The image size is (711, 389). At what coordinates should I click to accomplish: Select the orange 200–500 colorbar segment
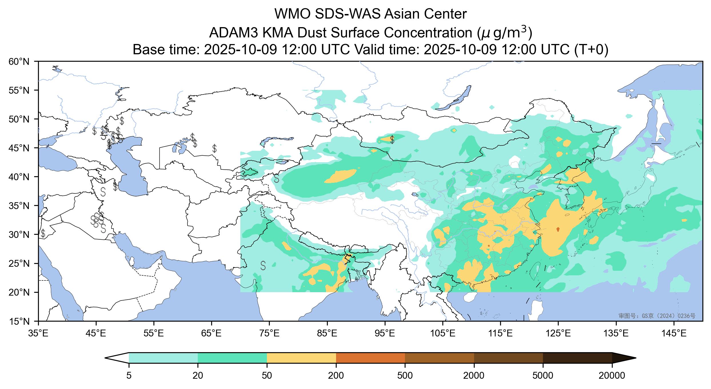(370, 358)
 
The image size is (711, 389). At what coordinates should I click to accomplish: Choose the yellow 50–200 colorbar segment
(301, 358)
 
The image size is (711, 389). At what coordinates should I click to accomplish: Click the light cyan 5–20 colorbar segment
(163, 358)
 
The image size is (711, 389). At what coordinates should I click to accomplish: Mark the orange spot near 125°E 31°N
(558, 229)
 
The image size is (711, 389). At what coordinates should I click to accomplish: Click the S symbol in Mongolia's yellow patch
(392, 140)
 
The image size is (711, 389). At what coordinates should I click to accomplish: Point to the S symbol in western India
(263, 265)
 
